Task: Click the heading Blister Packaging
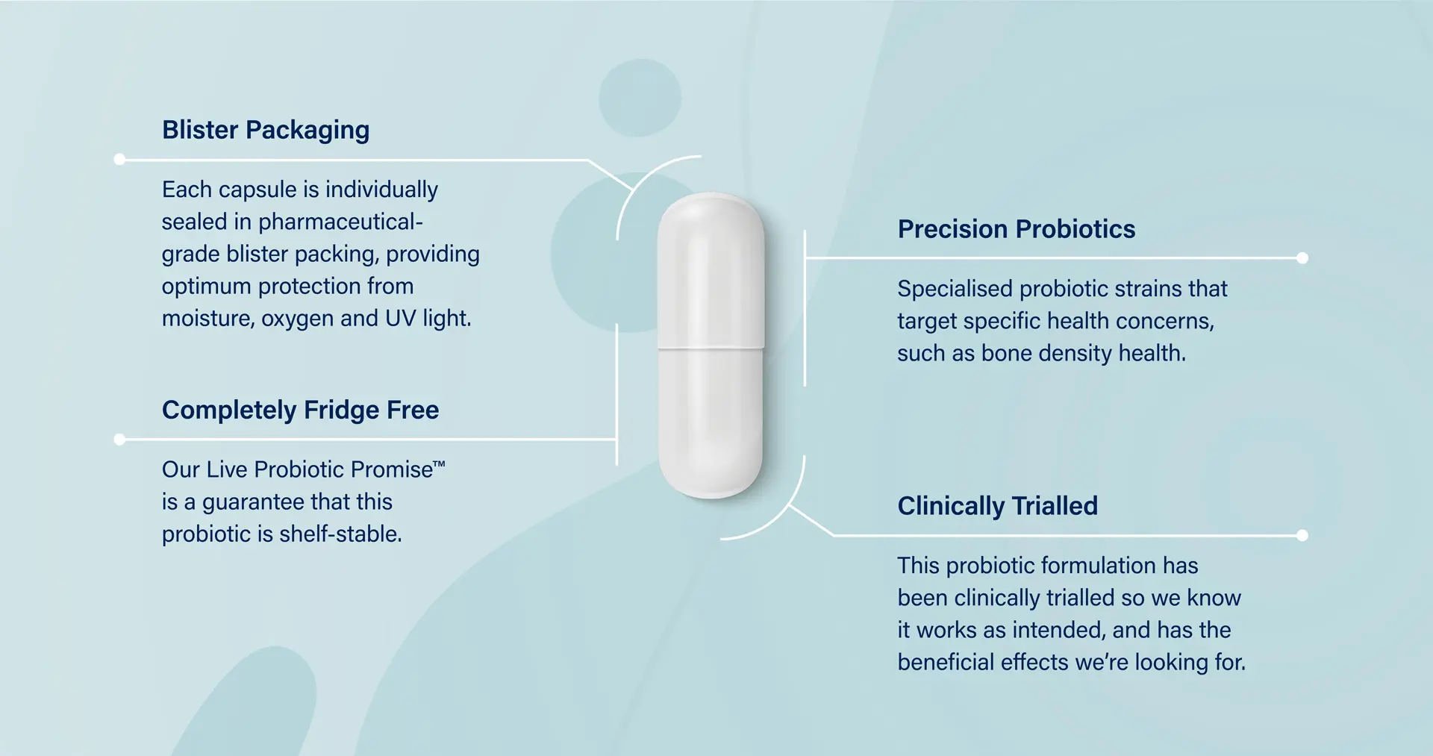266,131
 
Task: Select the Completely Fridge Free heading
300,410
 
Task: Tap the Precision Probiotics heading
1016,229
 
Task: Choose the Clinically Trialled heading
997,506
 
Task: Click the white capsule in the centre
711,284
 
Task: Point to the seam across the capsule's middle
711,348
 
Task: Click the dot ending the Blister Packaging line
119,159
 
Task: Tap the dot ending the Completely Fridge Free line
119,440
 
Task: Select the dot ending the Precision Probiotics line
1302,258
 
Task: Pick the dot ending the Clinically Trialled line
1302,535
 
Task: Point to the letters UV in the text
400,319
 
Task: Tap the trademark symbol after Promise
440,465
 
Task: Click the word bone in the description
1006,353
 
